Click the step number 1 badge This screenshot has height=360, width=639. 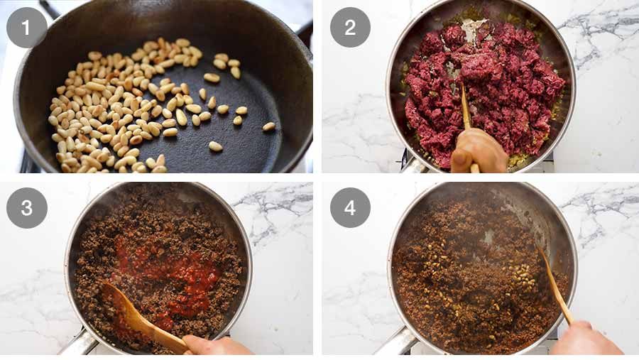(27, 27)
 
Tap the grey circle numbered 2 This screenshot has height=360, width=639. (350, 27)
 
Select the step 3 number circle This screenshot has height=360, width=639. (27, 207)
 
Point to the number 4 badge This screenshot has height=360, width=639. (350, 207)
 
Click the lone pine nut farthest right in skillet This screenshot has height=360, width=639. (268, 126)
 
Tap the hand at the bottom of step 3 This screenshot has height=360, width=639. (213, 346)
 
